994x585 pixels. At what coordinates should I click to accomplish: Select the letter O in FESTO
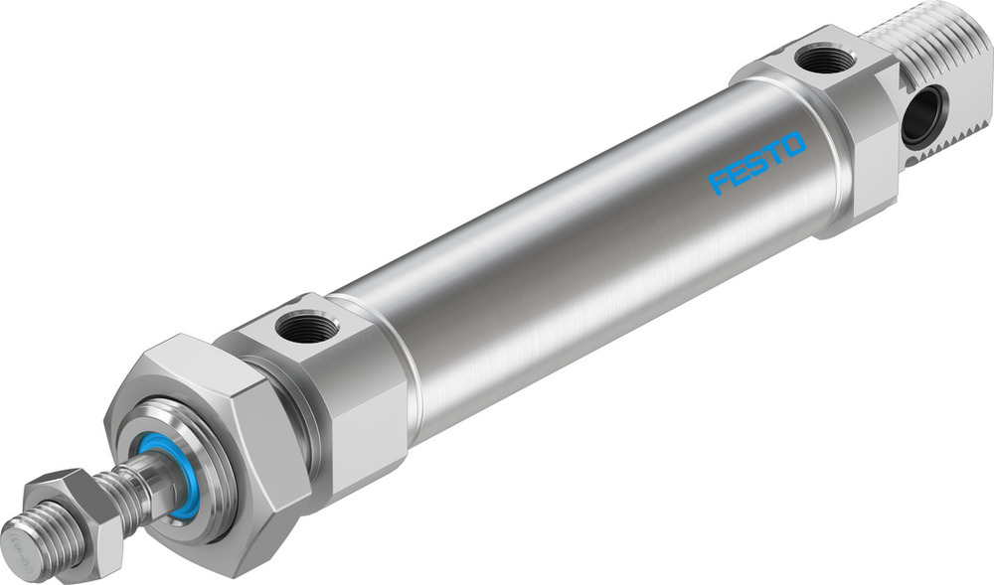(792, 145)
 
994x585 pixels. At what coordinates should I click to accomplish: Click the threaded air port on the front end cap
(307, 326)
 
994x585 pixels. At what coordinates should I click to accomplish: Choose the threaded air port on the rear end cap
(826, 61)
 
